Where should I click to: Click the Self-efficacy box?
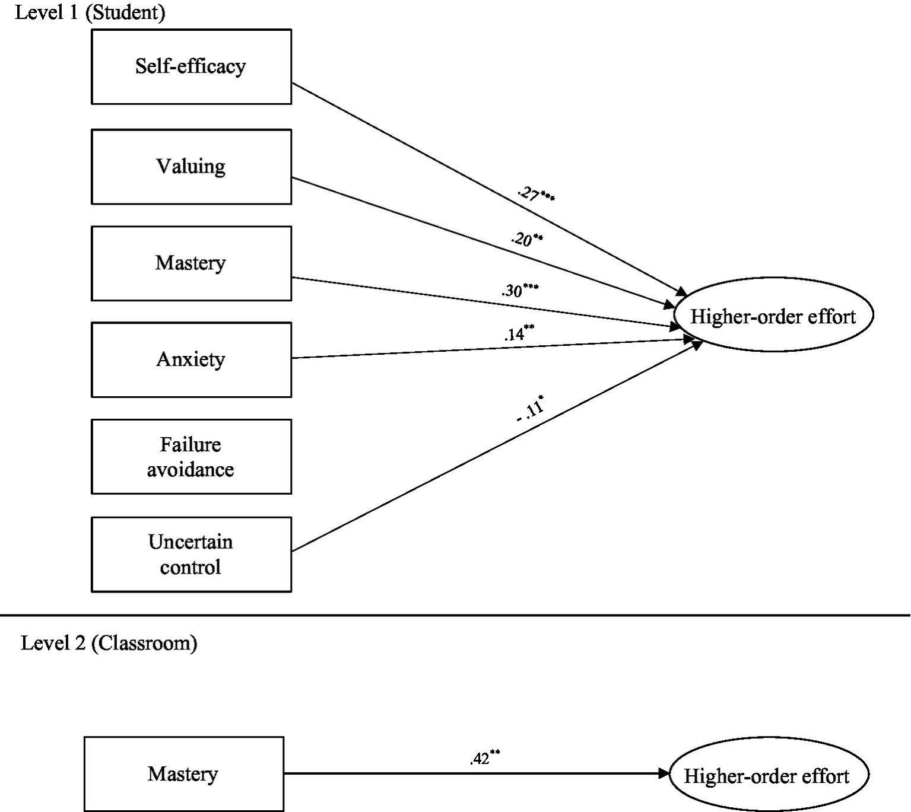point(191,66)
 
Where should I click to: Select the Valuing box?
point(191,167)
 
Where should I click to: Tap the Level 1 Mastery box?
point(191,263)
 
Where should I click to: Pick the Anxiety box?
point(191,359)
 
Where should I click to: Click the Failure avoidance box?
point(191,457)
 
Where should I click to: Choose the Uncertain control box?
point(191,555)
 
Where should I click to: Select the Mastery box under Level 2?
point(183,774)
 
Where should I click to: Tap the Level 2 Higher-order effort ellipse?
point(767,776)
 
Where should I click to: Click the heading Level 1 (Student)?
point(90,12)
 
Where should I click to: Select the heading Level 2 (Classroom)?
point(109,643)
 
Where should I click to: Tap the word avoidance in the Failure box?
point(191,470)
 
